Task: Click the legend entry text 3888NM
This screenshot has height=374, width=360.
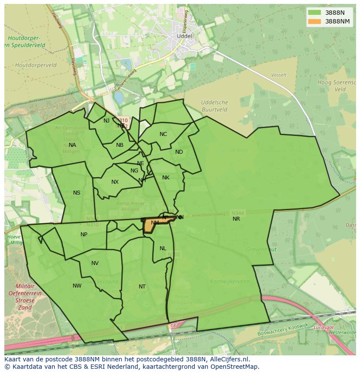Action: click(337, 21)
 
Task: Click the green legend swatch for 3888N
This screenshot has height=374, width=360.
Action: click(314, 13)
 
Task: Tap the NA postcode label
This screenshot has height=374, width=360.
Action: click(72, 145)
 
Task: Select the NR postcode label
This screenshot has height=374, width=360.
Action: click(236, 219)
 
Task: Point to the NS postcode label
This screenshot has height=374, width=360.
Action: click(77, 193)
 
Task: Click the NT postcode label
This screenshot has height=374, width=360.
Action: click(142, 287)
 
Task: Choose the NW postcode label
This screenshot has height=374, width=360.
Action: click(77, 286)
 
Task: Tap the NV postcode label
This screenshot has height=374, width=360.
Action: click(95, 263)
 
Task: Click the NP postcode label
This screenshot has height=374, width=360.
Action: click(84, 235)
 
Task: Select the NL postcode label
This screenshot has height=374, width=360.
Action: click(163, 248)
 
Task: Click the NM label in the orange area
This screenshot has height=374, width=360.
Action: click(155, 223)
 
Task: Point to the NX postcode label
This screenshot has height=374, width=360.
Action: click(115, 182)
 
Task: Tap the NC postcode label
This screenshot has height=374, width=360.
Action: click(163, 134)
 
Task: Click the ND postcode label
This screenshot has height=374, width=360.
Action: click(179, 152)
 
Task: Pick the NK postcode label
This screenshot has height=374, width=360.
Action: click(166, 178)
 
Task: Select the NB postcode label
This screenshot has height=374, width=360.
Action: click(120, 145)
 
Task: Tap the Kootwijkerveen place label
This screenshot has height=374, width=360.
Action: click(230, 281)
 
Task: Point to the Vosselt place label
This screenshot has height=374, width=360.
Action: click(279, 75)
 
